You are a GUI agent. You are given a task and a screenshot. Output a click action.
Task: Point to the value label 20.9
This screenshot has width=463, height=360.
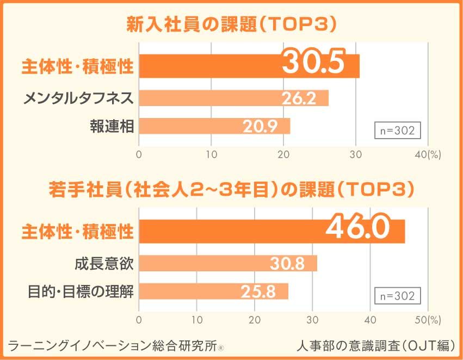click(260, 126)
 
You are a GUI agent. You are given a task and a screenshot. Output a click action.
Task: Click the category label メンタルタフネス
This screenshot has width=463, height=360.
click(78, 98)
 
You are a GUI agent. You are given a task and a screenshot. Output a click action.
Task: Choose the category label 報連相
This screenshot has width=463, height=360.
click(112, 126)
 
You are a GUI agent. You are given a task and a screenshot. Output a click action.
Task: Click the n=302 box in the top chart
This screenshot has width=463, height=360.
click(398, 131)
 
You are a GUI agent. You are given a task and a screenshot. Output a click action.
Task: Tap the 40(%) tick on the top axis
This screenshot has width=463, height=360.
click(428, 154)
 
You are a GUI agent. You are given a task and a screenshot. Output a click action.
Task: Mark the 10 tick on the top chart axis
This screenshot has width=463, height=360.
click(212, 154)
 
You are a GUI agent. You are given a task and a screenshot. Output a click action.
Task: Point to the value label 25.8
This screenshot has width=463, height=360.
click(258, 291)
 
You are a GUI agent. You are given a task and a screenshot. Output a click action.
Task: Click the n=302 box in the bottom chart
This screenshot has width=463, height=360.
click(398, 296)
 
